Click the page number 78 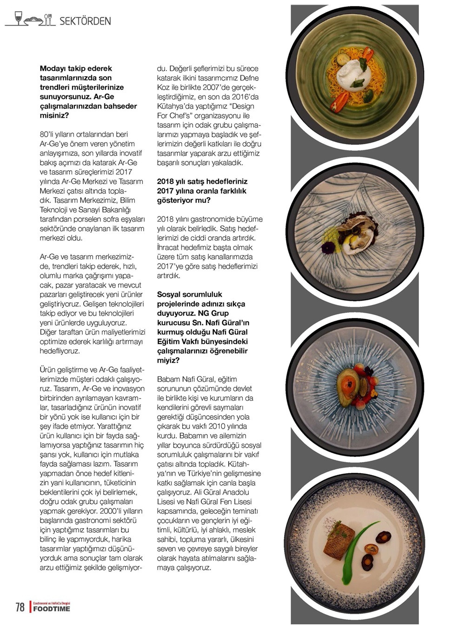click(20, 607)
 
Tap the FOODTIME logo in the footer click(52, 609)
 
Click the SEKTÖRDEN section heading click(85, 21)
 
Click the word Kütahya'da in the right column click(173, 106)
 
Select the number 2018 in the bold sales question click(166, 182)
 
